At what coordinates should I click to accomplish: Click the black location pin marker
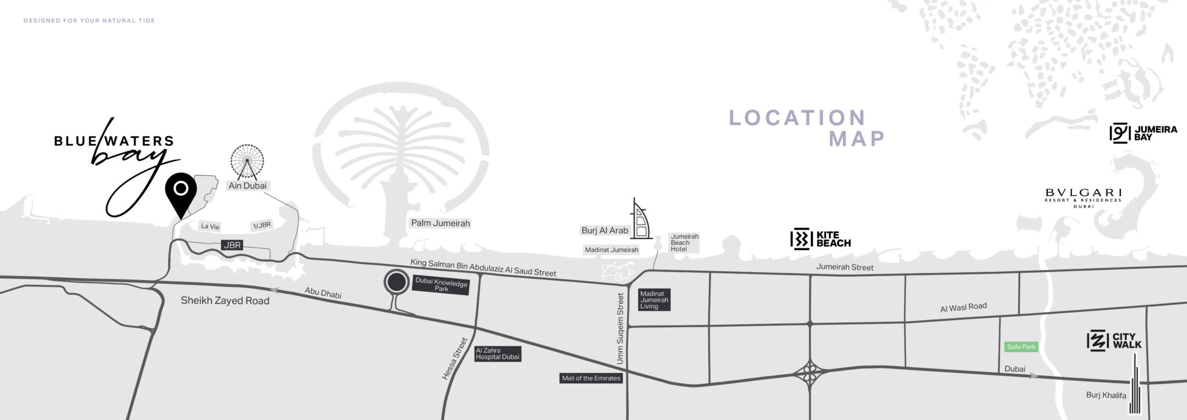point(181,191)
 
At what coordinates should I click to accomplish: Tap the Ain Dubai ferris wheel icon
point(247,161)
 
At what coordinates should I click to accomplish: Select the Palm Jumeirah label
point(440,223)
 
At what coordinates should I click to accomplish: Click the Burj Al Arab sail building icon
point(640,220)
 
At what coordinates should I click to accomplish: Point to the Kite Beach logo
point(821,239)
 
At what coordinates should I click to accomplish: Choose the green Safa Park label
point(1021,347)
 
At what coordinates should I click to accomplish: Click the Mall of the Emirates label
point(591,378)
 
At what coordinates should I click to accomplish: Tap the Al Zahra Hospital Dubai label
point(497,354)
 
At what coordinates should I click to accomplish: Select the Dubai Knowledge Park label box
point(442,285)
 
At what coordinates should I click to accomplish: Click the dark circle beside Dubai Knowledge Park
point(396,283)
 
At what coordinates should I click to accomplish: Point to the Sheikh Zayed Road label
point(225,300)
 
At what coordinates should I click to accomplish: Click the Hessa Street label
point(455,359)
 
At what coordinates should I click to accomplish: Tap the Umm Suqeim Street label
point(620,328)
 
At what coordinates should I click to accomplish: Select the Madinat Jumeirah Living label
point(654,300)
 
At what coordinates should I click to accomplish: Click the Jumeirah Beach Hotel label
point(684,242)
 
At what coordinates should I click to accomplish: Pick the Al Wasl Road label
point(963,307)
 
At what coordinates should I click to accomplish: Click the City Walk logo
point(1114,341)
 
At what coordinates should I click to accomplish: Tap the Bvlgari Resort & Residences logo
point(1083,197)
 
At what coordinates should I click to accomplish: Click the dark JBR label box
point(232,245)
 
